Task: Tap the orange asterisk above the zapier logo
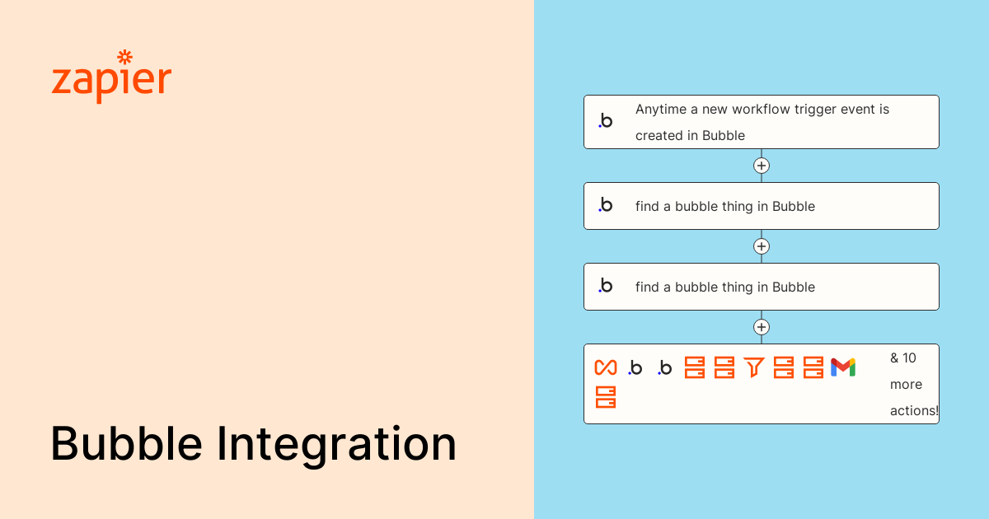(x=124, y=57)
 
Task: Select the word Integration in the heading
(x=336, y=445)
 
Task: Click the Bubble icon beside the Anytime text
(x=606, y=121)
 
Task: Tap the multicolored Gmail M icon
(x=843, y=367)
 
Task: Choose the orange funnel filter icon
(x=753, y=367)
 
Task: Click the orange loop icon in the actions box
(x=606, y=367)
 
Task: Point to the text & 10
(x=903, y=358)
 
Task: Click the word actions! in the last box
(x=914, y=410)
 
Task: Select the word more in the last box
(x=906, y=384)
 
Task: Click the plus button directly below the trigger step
(x=762, y=166)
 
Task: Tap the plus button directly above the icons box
(x=762, y=327)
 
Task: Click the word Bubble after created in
(x=724, y=136)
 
